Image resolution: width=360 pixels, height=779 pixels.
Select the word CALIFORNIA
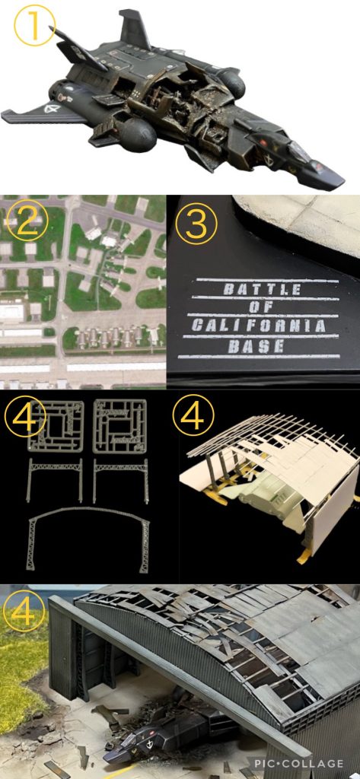pyautogui.click(x=259, y=326)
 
